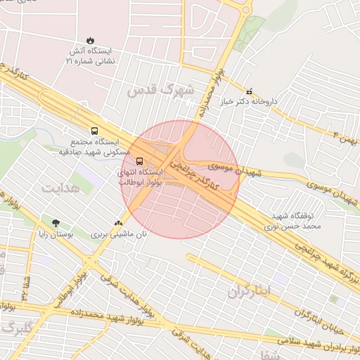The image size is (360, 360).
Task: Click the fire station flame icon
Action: pyautogui.click(x=90, y=40)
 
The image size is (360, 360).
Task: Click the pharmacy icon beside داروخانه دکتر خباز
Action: pyautogui.click(x=249, y=91)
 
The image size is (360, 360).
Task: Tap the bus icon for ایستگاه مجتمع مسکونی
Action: pyautogui.click(x=94, y=130)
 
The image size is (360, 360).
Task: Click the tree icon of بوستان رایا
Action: pyautogui.click(x=56, y=223)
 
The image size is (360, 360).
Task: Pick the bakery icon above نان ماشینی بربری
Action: pyautogui.click(x=118, y=223)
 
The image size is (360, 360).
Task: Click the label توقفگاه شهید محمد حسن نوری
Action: pyautogui.click(x=296, y=221)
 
